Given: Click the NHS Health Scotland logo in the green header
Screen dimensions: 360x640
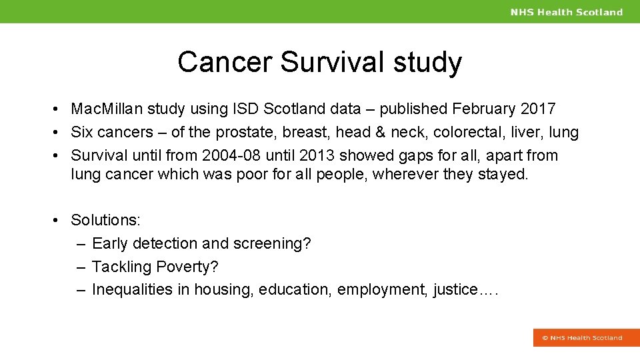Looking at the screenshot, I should [x=566, y=12].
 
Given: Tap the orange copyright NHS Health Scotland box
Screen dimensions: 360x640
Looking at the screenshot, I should [x=581, y=337].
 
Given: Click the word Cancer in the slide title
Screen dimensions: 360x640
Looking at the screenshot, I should [x=225, y=62].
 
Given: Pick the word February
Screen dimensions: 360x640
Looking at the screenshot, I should [x=484, y=109].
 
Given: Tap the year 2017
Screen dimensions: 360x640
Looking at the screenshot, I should [x=538, y=109].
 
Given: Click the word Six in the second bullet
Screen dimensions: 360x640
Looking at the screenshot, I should [x=83, y=132].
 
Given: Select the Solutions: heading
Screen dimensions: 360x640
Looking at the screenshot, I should [x=105, y=220].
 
